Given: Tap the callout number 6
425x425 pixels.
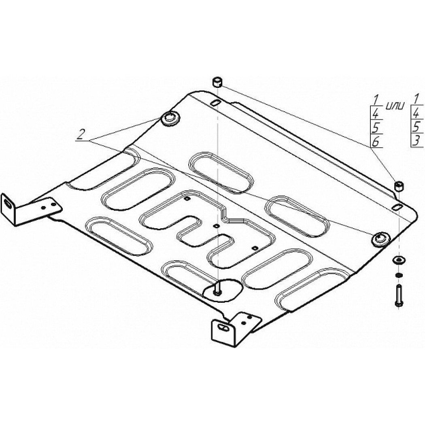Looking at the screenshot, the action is [x=375, y=142].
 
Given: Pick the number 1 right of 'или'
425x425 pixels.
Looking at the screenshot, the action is [x=416, y=99].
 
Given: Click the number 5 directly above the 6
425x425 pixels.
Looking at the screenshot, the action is [x=375, y=127].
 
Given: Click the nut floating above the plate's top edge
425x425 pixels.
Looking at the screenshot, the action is [x=217, y=82].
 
